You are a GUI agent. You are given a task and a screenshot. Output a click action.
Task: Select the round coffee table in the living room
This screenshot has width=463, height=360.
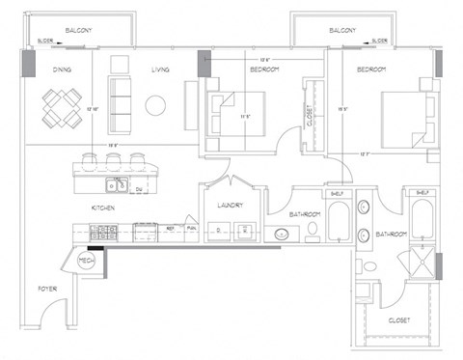154,105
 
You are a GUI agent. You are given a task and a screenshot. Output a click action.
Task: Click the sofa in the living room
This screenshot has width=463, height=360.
119,97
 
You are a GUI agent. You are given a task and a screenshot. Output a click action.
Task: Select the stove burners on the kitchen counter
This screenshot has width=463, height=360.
103,232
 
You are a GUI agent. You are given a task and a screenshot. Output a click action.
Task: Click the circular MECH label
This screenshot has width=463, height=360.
83,260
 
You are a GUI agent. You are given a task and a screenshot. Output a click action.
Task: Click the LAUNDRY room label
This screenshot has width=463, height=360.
231,205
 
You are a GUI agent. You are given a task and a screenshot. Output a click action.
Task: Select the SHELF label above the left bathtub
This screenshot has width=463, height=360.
338,193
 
